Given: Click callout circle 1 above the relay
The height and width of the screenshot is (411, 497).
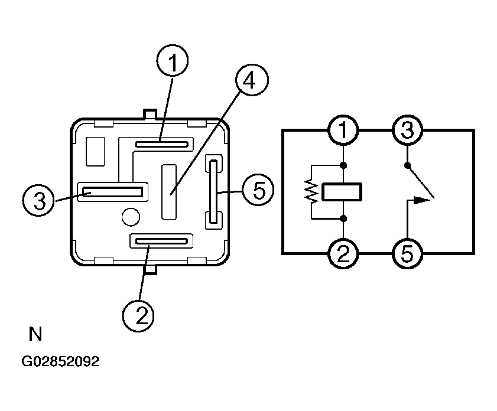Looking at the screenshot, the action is pyautogui.click(x=173, y=60).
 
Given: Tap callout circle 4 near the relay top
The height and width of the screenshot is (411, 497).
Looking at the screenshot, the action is pyautogui.click(x=252, y=80).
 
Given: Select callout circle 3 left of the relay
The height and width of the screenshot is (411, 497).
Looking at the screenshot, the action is pyautogui.click(x=38, y=200).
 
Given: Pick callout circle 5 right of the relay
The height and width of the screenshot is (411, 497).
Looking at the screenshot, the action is pyautogui.click(x=258, y=190).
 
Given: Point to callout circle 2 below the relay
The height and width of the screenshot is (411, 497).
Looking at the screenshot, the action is pyautogui.click(x=138, y=316).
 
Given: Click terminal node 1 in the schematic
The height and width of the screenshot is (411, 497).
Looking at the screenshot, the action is pyautogui.click(x=343, y=130).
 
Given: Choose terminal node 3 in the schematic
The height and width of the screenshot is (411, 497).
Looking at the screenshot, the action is pyautogui.click(x=407, y=130).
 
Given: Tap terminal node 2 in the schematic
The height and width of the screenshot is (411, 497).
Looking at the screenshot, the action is pyautogui.click(x=343, y=253).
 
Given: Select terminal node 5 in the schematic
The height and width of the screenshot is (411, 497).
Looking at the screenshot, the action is pyautogui.click(x=407, y=253).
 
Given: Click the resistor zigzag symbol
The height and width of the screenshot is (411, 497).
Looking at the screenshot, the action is pyautogui.click(x=311, y=191).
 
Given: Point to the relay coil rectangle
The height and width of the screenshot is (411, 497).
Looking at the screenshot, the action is pyautogui.click(x=342, y=191).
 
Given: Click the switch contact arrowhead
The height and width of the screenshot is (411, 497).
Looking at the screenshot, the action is pyautogui.click(x=422, y=200).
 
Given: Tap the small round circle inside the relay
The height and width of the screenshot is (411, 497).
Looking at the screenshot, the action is pyautogui.click(x=131, y=217).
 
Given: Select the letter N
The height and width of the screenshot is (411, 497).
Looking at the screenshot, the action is pyautogui.click(x=35, y=334).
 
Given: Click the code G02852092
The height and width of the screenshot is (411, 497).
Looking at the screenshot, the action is pyautogui.click(x=60, y=361).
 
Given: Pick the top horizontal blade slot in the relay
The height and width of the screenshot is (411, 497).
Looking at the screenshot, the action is pyautogui.click(x=162, y=145).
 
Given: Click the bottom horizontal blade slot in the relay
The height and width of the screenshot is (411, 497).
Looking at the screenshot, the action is pyautogui.click(x=161, y=242).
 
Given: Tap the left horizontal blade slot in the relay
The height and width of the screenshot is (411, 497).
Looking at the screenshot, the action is pyautogui.click(x=112, y=192).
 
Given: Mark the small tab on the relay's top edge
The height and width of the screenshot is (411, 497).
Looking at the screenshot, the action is pyautogui.click(x=150, y=114).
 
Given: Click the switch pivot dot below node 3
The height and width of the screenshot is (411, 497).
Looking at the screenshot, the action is pyautogui.click(x=407, y=165).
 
